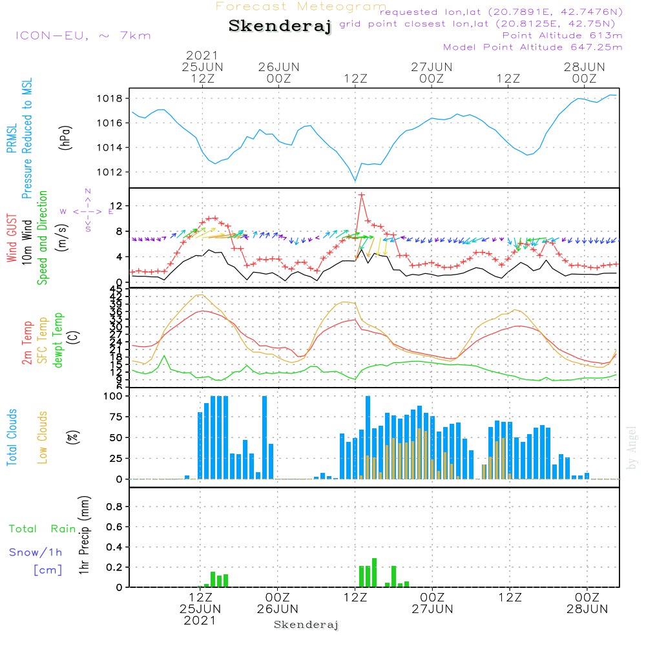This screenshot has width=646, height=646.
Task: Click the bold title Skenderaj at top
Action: coord(280,26)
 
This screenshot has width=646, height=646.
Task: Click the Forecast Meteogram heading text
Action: coord(301,6)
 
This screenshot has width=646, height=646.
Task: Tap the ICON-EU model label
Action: coord(83,35)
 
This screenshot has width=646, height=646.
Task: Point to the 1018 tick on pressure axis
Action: coord(114,99)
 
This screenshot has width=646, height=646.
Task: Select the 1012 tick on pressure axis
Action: coord(114,172)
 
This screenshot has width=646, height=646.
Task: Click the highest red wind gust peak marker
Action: coord(362,194)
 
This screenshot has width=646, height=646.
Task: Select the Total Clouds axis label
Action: coord(11,438)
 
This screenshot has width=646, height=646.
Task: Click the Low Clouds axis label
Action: coord(43,437)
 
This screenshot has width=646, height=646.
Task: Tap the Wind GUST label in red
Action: coord(12,239)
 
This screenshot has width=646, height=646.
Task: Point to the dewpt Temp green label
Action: coord(58,340)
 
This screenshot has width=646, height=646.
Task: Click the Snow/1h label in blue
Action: coord(36,553)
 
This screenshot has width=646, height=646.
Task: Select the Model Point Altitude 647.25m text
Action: coord(533,47)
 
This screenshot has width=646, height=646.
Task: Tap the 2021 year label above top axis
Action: coord(202,56)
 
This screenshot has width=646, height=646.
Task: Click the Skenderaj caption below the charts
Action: coord(306,625)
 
